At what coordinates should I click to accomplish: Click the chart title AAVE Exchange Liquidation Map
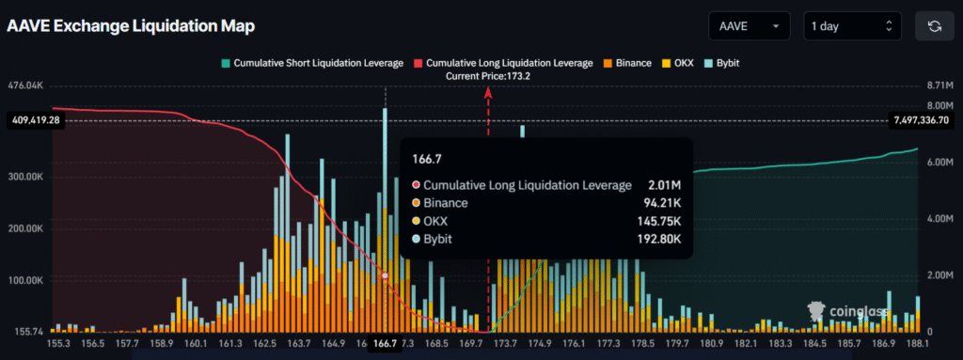[131, 25]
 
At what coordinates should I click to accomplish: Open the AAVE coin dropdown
[750, 26]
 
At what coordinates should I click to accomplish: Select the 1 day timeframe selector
[852, 26]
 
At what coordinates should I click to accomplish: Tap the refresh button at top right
[934, 26]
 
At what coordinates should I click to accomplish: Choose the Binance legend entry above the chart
[627, 63]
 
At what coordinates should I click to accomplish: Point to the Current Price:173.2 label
[488, 76]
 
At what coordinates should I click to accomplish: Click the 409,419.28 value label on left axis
[34, 120]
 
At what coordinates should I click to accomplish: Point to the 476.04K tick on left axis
[24, 86]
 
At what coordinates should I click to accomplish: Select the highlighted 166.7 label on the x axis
[386, 344]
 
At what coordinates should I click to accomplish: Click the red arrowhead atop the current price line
[488, 92]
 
